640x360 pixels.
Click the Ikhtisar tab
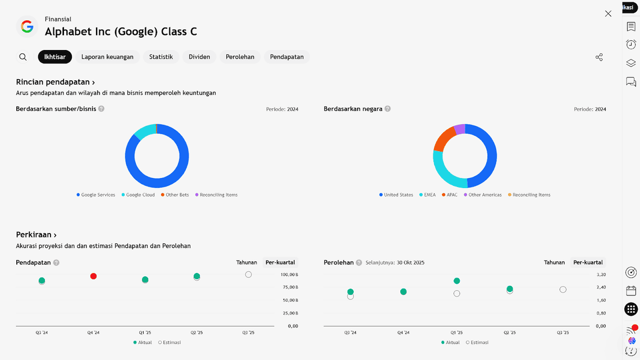tap(55, 57)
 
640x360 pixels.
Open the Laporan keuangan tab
tap(107, 57)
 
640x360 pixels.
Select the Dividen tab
tap(199, 57)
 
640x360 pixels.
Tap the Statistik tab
tap(161, 57)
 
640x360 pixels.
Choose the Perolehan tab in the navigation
tap(240, 57)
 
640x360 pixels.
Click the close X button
tap(608, 13)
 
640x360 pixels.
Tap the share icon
tap(599, 57)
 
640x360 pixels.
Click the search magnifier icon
tap(23, 57)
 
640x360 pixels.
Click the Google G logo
tap(27, 26)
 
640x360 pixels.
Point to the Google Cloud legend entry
tap(140, 195)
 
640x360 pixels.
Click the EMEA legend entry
tap(429, 195)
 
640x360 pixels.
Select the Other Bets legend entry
tap(177, 195)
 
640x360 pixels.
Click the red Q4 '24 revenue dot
tap(93, 276)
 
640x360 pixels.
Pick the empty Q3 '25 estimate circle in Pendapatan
tap(248, 275)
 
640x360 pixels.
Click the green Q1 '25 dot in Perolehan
tap(457, 281)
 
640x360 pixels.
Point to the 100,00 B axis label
tap(289, 275)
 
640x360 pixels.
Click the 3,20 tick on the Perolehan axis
tap(601, 275)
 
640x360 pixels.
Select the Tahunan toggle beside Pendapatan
tap(246, 262)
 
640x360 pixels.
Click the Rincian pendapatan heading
tap(55, 82)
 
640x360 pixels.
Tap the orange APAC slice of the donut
tap(444, 138)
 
